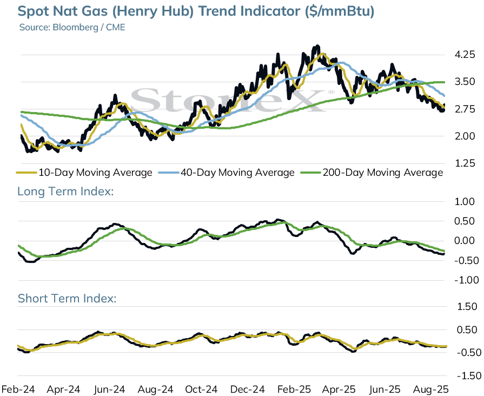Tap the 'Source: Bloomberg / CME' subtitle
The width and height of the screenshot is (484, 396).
tap(72, 27)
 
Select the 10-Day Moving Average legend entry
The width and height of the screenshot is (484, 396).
tap(84, 173)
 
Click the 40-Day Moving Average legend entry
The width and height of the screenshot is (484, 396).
tap(227, 173)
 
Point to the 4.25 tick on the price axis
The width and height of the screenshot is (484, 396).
tap(465, 55)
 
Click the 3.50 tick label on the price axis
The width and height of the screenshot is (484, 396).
tap(465, 82)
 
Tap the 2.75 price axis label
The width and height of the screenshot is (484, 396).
tap(465, 109)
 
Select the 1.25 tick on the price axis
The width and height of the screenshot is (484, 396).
tap(465, 163)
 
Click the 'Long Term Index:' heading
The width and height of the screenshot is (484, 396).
tap(65, 191)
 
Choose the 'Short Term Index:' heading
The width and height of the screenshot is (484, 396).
tap(67, 299)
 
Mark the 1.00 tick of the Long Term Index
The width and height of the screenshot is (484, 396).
tap(465, 202)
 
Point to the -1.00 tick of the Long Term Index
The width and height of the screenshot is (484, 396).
tap(466, 280)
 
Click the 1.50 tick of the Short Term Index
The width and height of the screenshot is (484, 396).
tap(467, 306)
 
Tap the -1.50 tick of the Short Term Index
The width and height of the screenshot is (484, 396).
tap(469, 376)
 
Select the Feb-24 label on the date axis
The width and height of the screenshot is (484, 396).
tap(18, 389)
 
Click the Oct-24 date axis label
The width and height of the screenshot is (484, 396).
tap(201, 389)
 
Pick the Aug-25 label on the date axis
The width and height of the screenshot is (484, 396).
tap(430, 389)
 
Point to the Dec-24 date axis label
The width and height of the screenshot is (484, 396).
tap(248, 389)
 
